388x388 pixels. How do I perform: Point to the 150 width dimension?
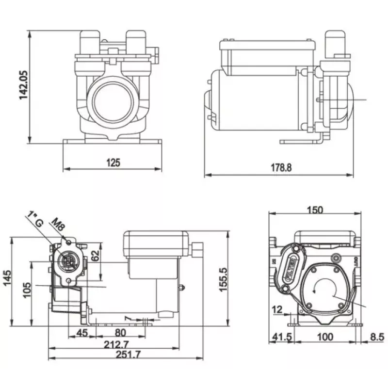[315, 210]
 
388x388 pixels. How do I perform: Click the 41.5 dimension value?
[279, 337]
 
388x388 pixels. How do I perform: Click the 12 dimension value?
[277, 309]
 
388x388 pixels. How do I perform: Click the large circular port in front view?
[113, 102]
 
